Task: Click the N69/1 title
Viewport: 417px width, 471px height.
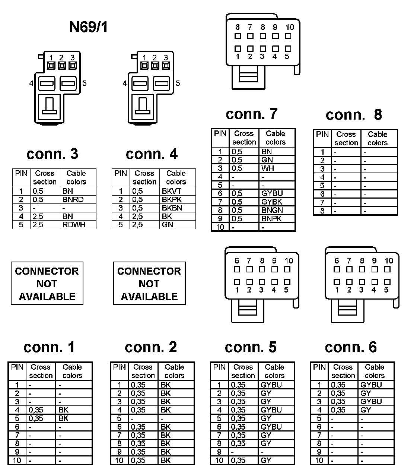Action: click(x=88, y=27)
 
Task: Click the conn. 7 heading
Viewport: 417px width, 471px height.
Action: click(x=252, y=114)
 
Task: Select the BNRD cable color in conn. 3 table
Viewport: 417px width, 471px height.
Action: click(x=73, y=200)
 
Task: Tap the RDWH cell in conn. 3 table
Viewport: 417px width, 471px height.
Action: click(x=74, y=225)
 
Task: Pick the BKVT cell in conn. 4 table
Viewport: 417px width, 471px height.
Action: click(x=172, y=191)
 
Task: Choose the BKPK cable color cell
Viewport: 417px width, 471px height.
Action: click(x=172, y=200)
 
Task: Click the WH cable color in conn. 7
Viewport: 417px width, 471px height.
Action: click(x=268, y=168)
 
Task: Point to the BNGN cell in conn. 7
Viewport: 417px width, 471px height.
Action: click(x=272, y=210)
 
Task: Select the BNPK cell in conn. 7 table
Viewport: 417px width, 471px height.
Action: click(x=272, y=219)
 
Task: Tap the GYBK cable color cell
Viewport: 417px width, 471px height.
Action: click(x=272, y=202)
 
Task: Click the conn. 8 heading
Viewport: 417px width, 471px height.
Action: click(x=354, y=115)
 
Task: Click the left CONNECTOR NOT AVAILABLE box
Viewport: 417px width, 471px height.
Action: click(x=47, y=284)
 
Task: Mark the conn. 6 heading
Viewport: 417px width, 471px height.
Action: click(x=351, y=347)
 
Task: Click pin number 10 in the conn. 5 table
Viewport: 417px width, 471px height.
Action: click(x=219, y=461)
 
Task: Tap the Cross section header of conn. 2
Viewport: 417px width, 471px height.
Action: click(x=143, y=371)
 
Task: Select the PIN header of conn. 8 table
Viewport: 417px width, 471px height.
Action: click(x=322, y=135)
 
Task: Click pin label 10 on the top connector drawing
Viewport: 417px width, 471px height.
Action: click(x=290, y=27)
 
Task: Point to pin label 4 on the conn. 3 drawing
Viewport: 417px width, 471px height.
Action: click(x=31, y=83)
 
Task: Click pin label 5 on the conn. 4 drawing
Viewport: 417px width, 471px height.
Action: click(x=178, y=83)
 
